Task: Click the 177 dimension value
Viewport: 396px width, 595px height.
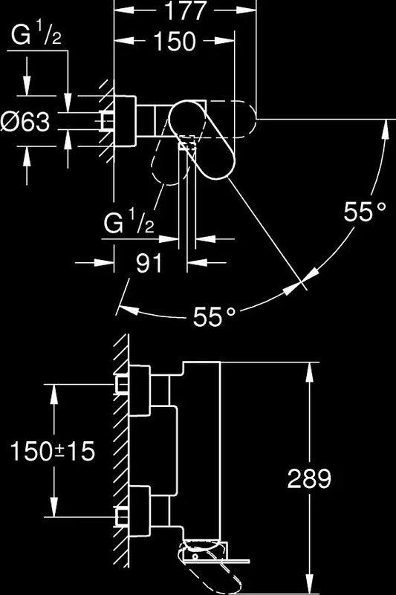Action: [x=186, y=10]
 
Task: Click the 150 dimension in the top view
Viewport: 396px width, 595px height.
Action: [x=175, y=42]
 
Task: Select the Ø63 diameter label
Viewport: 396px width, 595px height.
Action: [x=25, y=122]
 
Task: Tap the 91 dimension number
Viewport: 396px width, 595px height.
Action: [x=149, y=263]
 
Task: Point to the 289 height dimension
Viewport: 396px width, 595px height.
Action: [x=309, y=478]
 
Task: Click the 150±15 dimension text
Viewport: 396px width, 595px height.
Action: [x=53, y=451]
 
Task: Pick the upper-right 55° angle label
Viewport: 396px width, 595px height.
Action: [x=365, y=211]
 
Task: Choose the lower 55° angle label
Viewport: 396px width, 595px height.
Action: [x=214, y=316]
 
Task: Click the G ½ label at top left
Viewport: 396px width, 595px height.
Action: [x=36, y=35]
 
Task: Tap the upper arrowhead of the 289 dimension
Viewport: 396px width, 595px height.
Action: [x=310, y=372]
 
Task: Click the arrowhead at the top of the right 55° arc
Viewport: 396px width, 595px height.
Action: [x=386, y=129]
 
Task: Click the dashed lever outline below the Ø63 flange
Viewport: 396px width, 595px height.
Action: [x=167, y=160]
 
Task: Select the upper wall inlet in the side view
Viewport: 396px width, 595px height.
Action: [x=123, y=385]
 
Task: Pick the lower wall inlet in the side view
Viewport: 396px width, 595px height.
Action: [x=123, y=517]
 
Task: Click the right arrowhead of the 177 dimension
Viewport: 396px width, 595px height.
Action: [x=246, y=10]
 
